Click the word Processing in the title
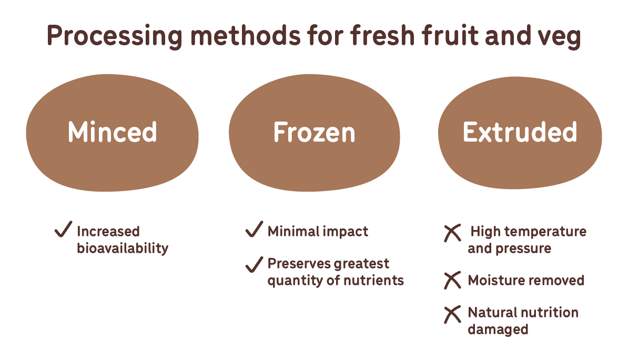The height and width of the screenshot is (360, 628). pyautogui.click(x=114, y=36)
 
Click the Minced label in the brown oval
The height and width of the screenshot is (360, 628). pyautogui.click(x=112, y=132)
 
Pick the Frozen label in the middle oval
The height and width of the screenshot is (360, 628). pyautogui.click(x=315, y=132)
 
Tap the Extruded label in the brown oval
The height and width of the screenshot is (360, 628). pyautogui.click(x=520, y=132)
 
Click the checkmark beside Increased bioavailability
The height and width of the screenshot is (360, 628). pyautogui.click(x=63, y=229)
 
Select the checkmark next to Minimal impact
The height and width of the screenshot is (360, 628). pyautogui.click(x=254, y=229)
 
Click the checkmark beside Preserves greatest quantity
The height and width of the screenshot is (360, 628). pyautogui.click(x=254, y=265)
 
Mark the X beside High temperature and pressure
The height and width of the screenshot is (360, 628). pyautogui.click(x=452, y=233)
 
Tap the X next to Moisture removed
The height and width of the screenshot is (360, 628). pyautogui.click(x=452, y=280)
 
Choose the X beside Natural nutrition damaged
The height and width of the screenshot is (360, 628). pyautogui.click(x=452, y=314)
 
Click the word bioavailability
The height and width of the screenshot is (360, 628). pyautogui.click(x=123, y=248)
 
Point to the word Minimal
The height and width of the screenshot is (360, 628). pyautogui.click(x=293, y=231)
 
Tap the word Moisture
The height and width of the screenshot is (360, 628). pyautogui.click(x=495, y=280)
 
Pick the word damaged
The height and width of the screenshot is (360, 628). pyautogui.click(x=498, y=329)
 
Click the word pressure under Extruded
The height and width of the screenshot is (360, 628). pyautogui.click(x=523, y=249)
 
